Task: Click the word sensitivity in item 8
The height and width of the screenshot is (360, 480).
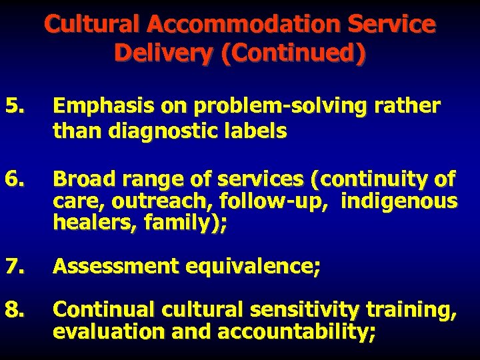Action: pos(307,309)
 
